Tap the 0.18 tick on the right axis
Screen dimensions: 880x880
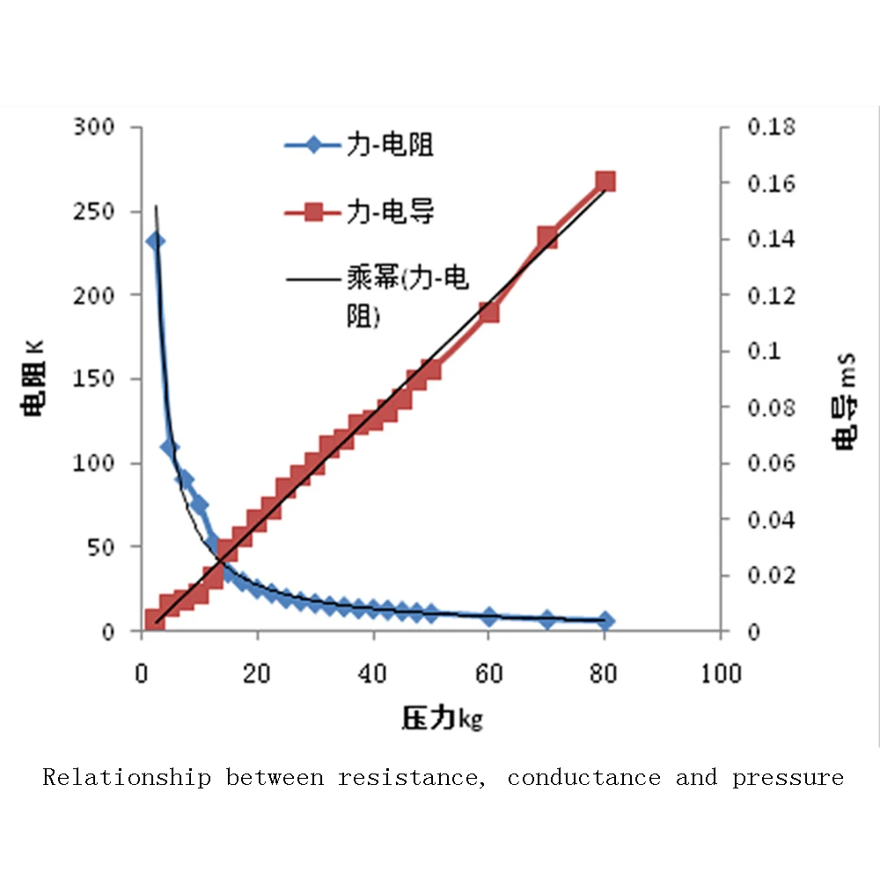click(x=770, y=128)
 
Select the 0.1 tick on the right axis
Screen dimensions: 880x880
click(x=764, y=351)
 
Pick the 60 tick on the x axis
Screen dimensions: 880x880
click(x=489, y=674)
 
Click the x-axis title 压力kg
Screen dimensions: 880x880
click(x=442, y=719)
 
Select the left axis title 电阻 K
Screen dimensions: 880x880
click(x=34, y=379)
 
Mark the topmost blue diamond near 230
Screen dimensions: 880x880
click(x=155, y=241)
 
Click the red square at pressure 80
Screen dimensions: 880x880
click(x=605, y=182)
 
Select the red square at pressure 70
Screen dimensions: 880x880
click(x=547, y=237)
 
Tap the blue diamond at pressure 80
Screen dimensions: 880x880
click(x=605, y=621)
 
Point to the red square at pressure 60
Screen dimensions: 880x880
click(x=489, y=312)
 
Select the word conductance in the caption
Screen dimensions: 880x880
click(x=583, y=778)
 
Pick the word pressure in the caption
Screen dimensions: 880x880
click(x=788, y=778)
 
